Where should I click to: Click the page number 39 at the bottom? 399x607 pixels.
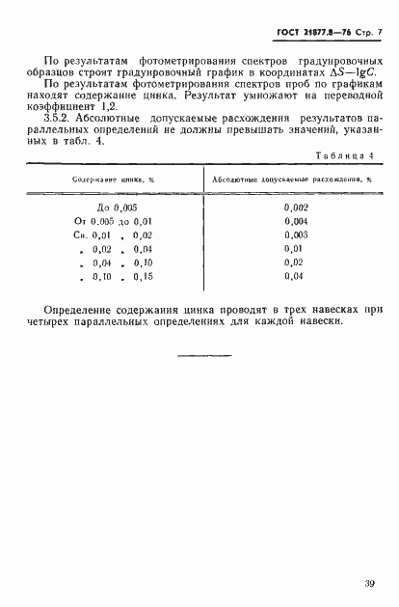click(x=370, y=582)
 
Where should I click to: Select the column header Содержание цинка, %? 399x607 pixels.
click(x=114, y=179)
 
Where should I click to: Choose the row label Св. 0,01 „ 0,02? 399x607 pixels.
click(x=114, y=235)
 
